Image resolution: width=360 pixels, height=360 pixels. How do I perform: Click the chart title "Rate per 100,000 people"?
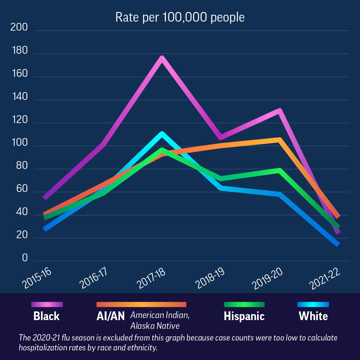(x=180, y=17)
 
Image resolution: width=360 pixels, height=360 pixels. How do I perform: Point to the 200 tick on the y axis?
(x=19, y=27)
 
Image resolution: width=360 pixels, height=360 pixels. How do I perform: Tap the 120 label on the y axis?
(x=19, y=120)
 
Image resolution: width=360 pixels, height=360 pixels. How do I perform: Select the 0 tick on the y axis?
(x=25, y=258)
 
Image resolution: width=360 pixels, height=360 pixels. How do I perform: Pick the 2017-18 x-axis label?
(x=151, y=278)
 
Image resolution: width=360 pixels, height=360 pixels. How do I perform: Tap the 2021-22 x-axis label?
(x=325, y=279)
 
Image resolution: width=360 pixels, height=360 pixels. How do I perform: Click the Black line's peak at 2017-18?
(x=162, y=58)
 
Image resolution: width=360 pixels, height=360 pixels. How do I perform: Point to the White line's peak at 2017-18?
(x=162, y=134)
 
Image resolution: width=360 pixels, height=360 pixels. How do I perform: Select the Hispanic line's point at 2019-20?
(x=279, y=170)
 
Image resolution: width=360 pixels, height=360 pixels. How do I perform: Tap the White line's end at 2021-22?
(x=338, y=244)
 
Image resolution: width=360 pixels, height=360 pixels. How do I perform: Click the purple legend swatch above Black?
(x=47, y=304)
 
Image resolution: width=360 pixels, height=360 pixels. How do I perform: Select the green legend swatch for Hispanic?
(x=244, y=304)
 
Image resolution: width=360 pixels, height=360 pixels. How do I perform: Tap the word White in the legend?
(x=313, y=316)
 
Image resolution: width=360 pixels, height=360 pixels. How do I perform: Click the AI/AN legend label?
(x=110, y=316)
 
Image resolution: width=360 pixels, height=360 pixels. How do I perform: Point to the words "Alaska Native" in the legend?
(x=155, y=326)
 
